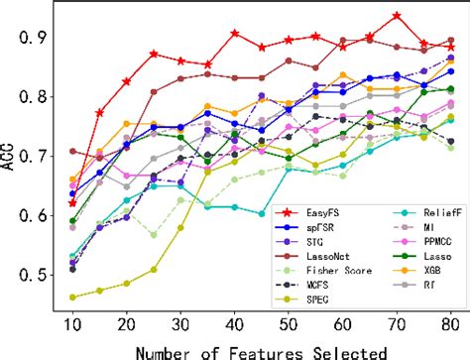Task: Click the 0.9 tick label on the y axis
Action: tap(39, 37)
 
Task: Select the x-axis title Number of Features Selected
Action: tap(261, 348)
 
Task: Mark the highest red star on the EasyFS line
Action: tap(397, 16)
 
